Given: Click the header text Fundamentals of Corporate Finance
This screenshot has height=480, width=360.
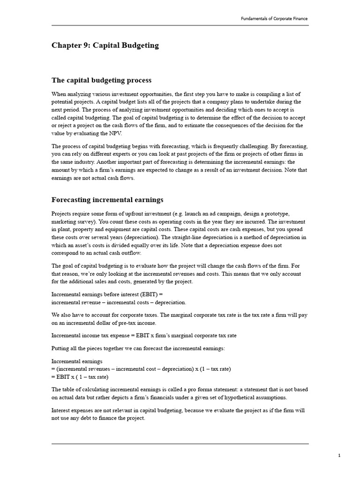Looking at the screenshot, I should tap(274, 19).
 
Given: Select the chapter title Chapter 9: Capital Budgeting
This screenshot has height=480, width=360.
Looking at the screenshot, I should tap(105, 45).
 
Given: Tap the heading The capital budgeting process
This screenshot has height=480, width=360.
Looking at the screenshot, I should tap(101, 80).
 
